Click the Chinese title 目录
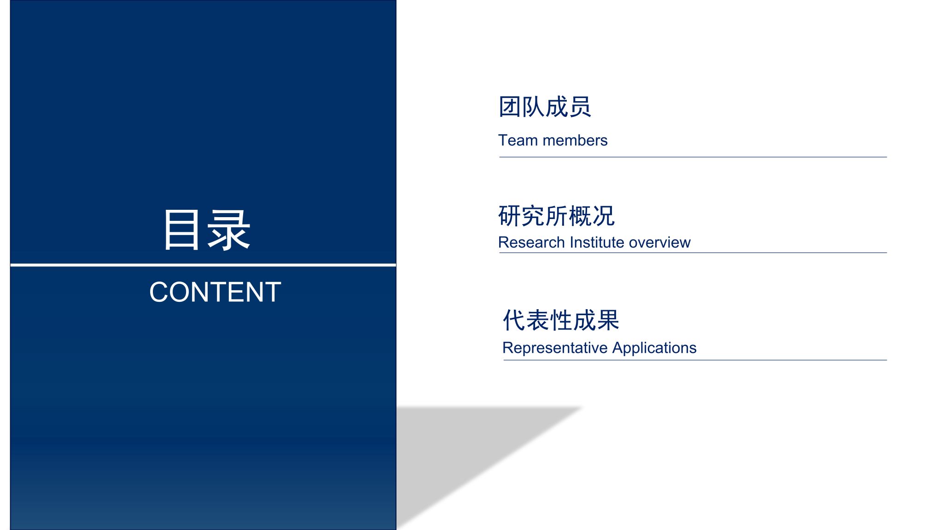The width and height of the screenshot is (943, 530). (x=207, y=230)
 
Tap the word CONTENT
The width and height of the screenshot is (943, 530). (x=215, y=292)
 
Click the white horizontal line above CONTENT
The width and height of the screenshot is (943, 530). (x=203, y=265)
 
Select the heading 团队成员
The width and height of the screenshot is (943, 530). (x=545, y=107)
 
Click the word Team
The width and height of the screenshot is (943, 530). (x=518, y=140)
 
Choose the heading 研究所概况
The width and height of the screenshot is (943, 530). (x=556, y=216)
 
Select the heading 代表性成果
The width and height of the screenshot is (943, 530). (x=561, y=320)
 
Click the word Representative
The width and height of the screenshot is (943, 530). (x=555, y=348)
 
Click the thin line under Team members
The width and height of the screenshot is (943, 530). (x=693, y=157)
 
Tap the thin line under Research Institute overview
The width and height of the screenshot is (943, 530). (x=693, y=253)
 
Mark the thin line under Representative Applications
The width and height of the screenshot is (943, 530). (x=695, y=360)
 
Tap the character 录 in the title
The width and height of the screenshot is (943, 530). (x=228, y=230)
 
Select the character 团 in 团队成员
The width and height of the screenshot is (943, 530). (x=510, y=107)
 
